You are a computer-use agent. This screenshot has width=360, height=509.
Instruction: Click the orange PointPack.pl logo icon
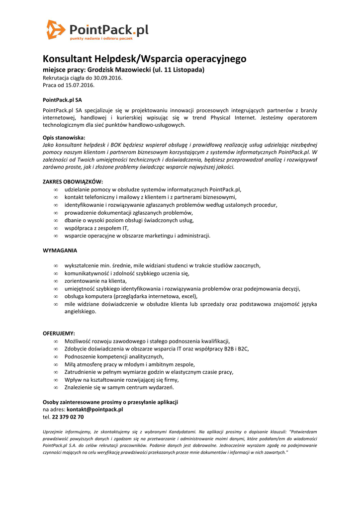point(55,29)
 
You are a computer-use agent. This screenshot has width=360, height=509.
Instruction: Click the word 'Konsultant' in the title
point(66,59)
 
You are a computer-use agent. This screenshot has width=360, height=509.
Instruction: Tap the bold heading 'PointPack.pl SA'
point(62,100)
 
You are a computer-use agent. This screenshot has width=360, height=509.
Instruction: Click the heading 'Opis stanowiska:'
point(64,138)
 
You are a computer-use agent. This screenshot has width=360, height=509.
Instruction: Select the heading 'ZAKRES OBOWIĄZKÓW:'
point(73,182)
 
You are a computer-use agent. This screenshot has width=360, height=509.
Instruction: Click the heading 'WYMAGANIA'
point(60,251)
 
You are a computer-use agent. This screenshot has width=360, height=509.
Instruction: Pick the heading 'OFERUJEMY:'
point(59,333)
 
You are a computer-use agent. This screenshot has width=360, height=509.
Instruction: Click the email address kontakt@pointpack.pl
point(94,410)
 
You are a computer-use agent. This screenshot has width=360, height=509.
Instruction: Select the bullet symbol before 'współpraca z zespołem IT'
point(56,228)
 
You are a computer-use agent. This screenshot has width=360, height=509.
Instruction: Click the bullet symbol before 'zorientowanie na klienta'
point(56,281)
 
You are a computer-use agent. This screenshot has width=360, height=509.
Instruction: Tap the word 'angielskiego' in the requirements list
point(80,312)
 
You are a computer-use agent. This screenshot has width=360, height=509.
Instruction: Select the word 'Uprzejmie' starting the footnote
point(54,432)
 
